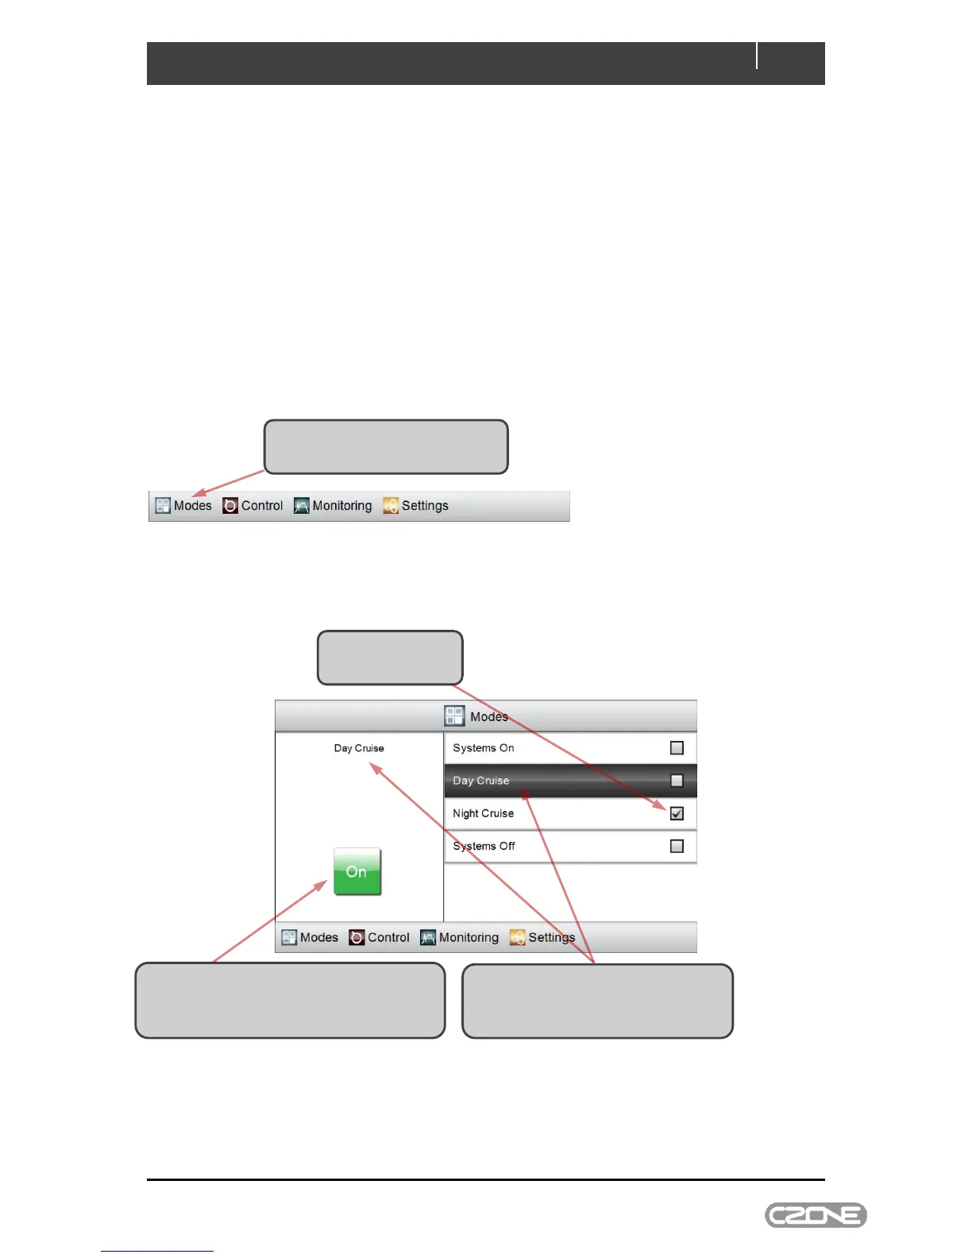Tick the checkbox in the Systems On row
click(x=677, y=747)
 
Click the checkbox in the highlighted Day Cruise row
click(x=677, y=781)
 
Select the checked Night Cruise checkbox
click(x=677, y=813)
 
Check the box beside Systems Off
click(x=677, y=846)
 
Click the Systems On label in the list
click(x=483, y=748)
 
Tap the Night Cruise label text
click(x=483, y=813)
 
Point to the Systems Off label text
click(x=484, y=846)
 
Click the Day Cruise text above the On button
click(x=359, y=748)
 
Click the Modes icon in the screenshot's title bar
click(x=454, y=716)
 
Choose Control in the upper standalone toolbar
click(x=261, y=506)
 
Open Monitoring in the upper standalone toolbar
click(x=341, y=506)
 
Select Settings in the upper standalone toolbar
click(x=424, y=506)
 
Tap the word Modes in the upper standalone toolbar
click(x=193, y=506)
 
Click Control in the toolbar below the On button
click(x=388, y=937)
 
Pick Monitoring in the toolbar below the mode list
click(x=469, y=937)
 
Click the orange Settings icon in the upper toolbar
click(x=391, y=506)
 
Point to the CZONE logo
click(x=816, y=1215)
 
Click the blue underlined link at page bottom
click(x=157, y=1250)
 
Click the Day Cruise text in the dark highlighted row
click(x=480, y=781)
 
